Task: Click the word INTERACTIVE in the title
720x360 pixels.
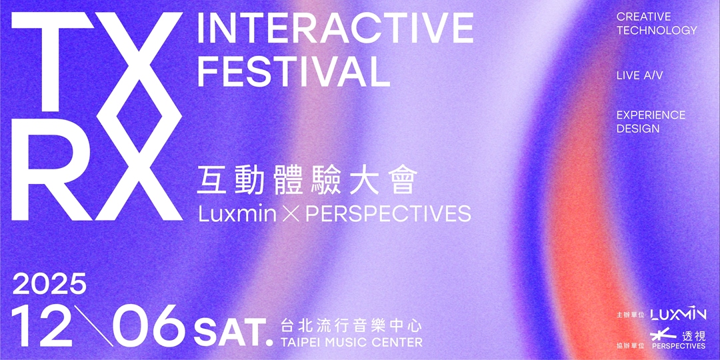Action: (x=335, y=27)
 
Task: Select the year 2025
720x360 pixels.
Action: (x=50, y=285)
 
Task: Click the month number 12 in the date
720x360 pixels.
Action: (x=42, y=326)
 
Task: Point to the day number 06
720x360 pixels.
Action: (x=148, y=326)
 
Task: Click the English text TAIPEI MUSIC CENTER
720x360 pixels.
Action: (x=351, y=343)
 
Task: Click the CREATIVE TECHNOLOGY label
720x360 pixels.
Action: (x=656, y=23)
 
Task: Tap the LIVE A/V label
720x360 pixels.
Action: (x=639, y=76)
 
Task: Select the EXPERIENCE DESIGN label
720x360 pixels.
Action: (x=650, y=121)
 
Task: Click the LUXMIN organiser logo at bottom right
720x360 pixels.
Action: (x=678, y=313)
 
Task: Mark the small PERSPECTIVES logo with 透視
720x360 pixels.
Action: (x=678, y=339)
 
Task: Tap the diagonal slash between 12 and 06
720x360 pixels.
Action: (x=93, y=326)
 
